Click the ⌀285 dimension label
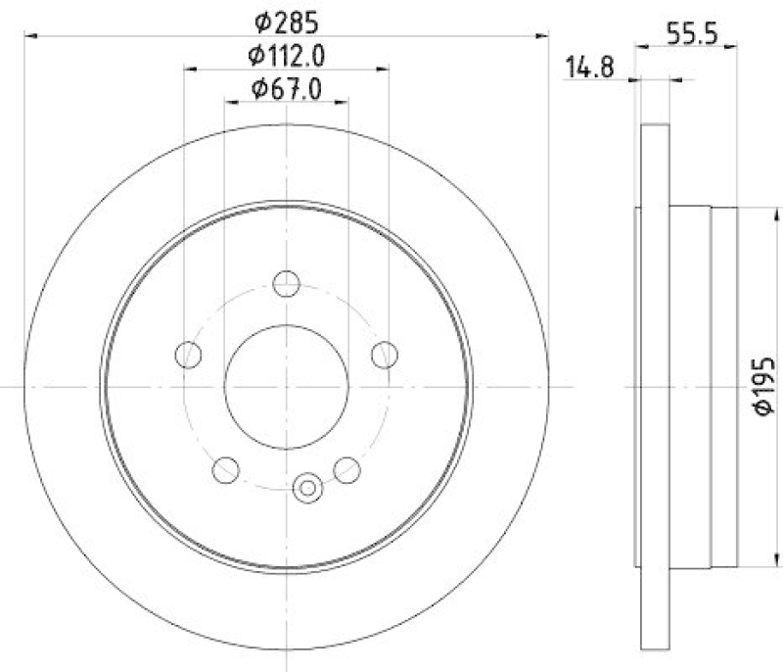pos(287,20)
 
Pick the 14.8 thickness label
pos(589,68)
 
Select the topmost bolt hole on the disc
pos(286,284)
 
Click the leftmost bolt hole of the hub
pos(188,354)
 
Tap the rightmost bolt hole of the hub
pos(385,354)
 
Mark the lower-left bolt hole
pos(226,470)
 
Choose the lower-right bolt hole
pos(346,470)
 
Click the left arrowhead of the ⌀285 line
pos(29,36)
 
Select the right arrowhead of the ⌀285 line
pos(543,36)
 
